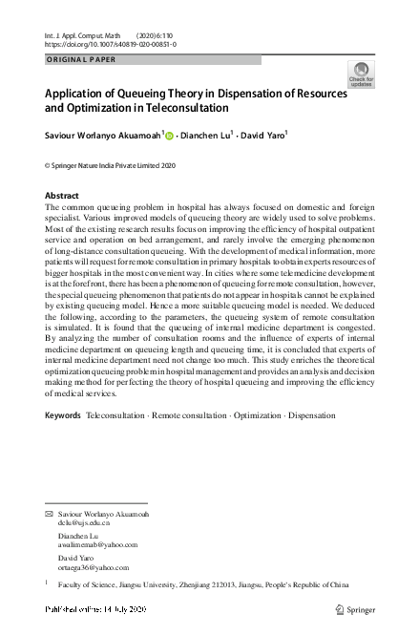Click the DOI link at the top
click(x=111, y=44)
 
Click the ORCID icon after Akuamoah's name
click(x=171, y=136)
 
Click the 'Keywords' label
click(x=63, y=442)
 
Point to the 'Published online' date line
click(x=95, y=608)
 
